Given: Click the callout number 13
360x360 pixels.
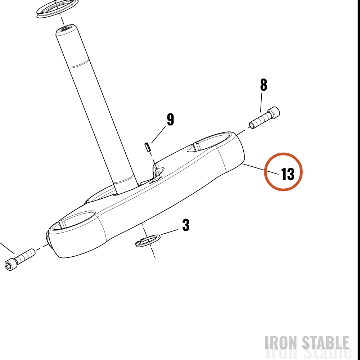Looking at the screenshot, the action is [287, 174].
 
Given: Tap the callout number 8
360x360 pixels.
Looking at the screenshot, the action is [264, 85].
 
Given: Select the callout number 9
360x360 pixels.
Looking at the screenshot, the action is [170, 120].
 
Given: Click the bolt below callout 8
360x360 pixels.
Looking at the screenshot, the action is [265, 118].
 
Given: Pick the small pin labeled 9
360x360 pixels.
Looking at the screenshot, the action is [148, 147].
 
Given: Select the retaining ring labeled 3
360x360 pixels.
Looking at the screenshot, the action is [147, 240].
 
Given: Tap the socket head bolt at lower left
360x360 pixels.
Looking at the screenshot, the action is [20, 260].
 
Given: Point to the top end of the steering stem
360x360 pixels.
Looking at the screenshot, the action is [66, 28].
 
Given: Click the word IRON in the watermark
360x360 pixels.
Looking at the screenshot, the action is [282, 343].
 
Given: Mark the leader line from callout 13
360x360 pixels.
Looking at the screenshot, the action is [261, 169].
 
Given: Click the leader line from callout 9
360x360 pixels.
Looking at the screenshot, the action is [158, 135].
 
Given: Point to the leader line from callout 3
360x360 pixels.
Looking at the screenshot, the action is [170, 232].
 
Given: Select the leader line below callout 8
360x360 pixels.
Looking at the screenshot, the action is [261, 102].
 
